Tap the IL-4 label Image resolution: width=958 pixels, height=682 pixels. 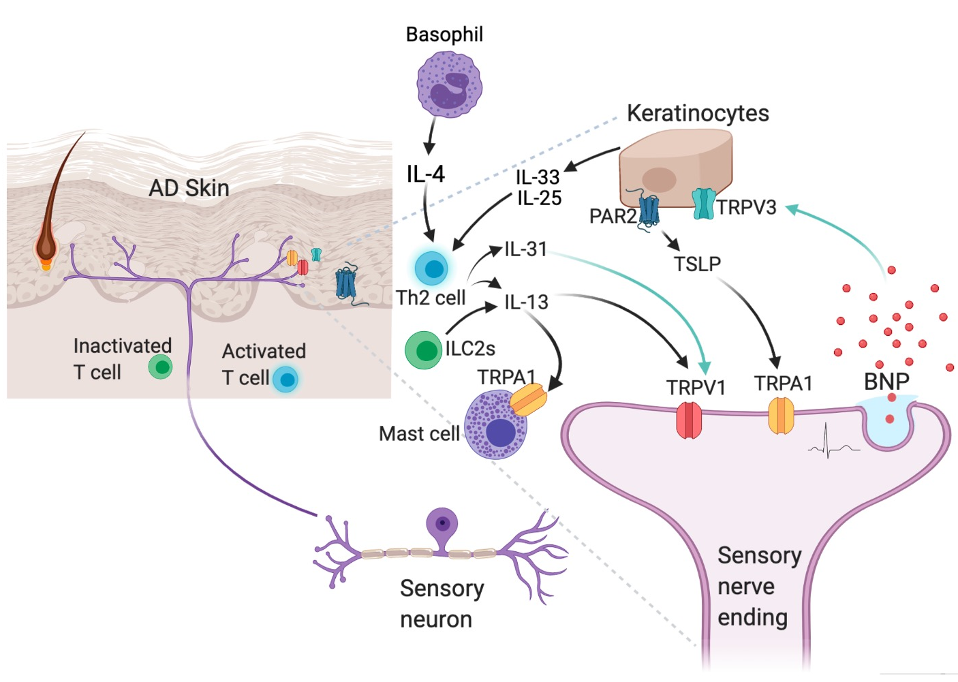click(425, 174)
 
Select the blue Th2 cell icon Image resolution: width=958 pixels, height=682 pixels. click(432, 268)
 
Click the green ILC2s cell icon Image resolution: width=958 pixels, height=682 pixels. click(424, 350)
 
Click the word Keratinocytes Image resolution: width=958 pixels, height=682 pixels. click(698, 113)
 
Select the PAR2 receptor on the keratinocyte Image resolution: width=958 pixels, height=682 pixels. click(648, 211)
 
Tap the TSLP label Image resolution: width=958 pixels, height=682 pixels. click(697, 264)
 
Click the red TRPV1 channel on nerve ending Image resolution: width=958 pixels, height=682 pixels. click(689, 420)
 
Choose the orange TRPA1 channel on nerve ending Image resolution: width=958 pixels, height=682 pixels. click(781, 416)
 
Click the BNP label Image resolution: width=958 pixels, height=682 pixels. click(886, 382)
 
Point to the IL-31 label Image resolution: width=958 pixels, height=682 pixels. click(525, 249)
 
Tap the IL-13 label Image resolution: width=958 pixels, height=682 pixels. click(526, 302)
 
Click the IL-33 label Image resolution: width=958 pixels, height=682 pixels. click(537, 177)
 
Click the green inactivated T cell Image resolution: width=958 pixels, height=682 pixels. click(161, 367)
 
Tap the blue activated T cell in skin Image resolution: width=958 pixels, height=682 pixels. click(285, 379)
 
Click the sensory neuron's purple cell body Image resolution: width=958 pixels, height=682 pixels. click(442, 524)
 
